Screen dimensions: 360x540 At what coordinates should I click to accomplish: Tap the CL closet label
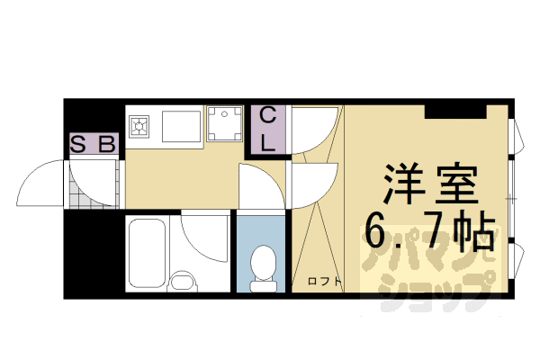pyautogui.click(x=269, y=130)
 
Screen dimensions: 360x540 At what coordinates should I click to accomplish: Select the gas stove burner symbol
pyautogui.click(x=140, y=128)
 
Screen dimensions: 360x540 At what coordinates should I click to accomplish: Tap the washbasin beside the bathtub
pyautogui.click(x=183, y=280)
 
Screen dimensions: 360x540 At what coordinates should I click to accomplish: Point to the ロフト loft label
pyautogui.click(x=324, y=282)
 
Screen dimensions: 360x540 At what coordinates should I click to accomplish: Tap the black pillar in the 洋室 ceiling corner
pyautogui.click(x=455, y=110)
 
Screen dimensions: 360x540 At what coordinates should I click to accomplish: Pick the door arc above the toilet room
pyautogui.click(x=261, y=186)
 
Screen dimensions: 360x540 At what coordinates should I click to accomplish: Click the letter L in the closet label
pyautogui.click(x=268, y=142)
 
